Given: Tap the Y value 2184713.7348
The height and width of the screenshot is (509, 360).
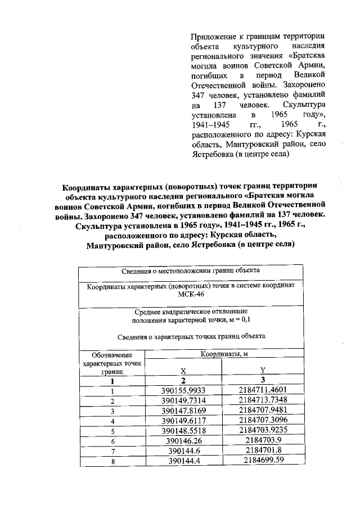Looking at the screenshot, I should tap(263, 401).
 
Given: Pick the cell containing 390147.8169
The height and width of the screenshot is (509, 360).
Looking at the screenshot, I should tap(183, 411).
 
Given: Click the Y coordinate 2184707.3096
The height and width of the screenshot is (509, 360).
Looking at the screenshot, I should tap(263, 420).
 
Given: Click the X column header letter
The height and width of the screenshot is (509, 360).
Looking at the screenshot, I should tap(183, 371).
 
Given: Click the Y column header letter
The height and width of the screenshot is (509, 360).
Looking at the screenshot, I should tap(263, 370).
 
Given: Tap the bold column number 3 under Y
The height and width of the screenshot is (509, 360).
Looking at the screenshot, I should tap(263, 381).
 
